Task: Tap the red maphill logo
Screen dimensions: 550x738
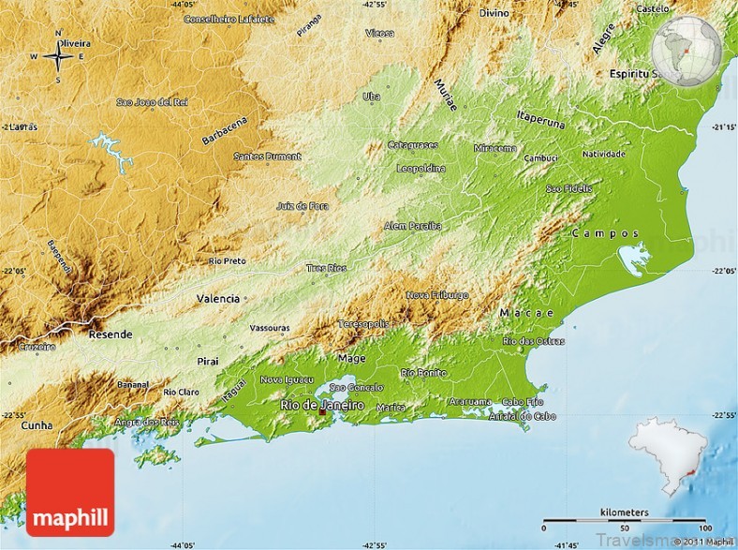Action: [71, 492]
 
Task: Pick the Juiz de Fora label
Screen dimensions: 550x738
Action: [303, 205]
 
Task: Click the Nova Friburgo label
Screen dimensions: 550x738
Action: [437, 295]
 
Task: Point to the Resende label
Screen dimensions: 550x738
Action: [111, 334]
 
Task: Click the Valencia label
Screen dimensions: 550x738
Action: [217, 298]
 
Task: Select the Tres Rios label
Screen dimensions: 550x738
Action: [326, 268]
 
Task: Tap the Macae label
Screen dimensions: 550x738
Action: [526, 312]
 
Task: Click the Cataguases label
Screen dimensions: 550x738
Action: [412, 145]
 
